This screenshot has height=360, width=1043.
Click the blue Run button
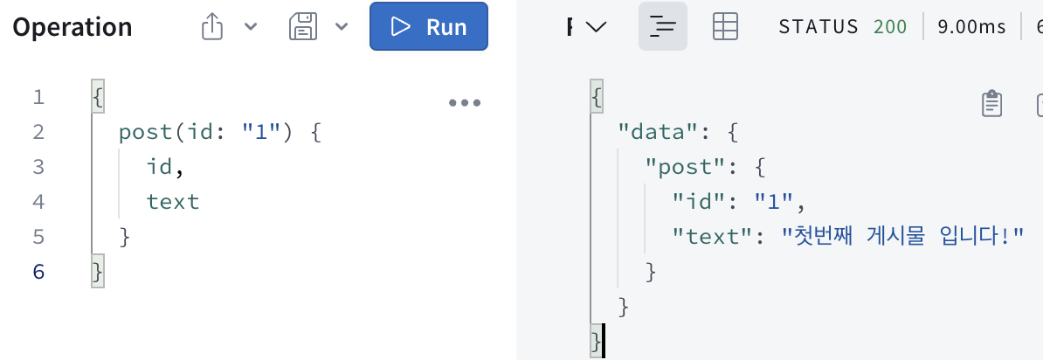click(x=428, y=27)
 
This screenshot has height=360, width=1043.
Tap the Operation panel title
click(x=73, y=28)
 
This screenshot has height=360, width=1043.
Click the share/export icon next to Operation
click(x=212, y=28)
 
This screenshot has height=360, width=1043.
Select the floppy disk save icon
click(x=301, y=28)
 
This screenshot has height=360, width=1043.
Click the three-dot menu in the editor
click(x=464, y=102)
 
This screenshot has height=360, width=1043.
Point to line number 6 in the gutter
click(x=38, y=272)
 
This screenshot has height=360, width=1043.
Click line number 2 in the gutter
click(x=38, y=132)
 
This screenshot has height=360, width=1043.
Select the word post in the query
click(x=146, y=132)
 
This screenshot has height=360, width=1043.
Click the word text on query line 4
click(x=173, y=202)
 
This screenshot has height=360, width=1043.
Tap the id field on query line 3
click(x=159, y=167)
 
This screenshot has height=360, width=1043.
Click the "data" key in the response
click(x=651, y=132)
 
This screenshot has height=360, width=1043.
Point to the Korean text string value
click(x=901, y=237)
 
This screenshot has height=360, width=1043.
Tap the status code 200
click(x=889, y=27)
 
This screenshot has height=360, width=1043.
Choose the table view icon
click(x=725, y=27)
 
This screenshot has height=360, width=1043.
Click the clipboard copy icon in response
click(x=991, y=103)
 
